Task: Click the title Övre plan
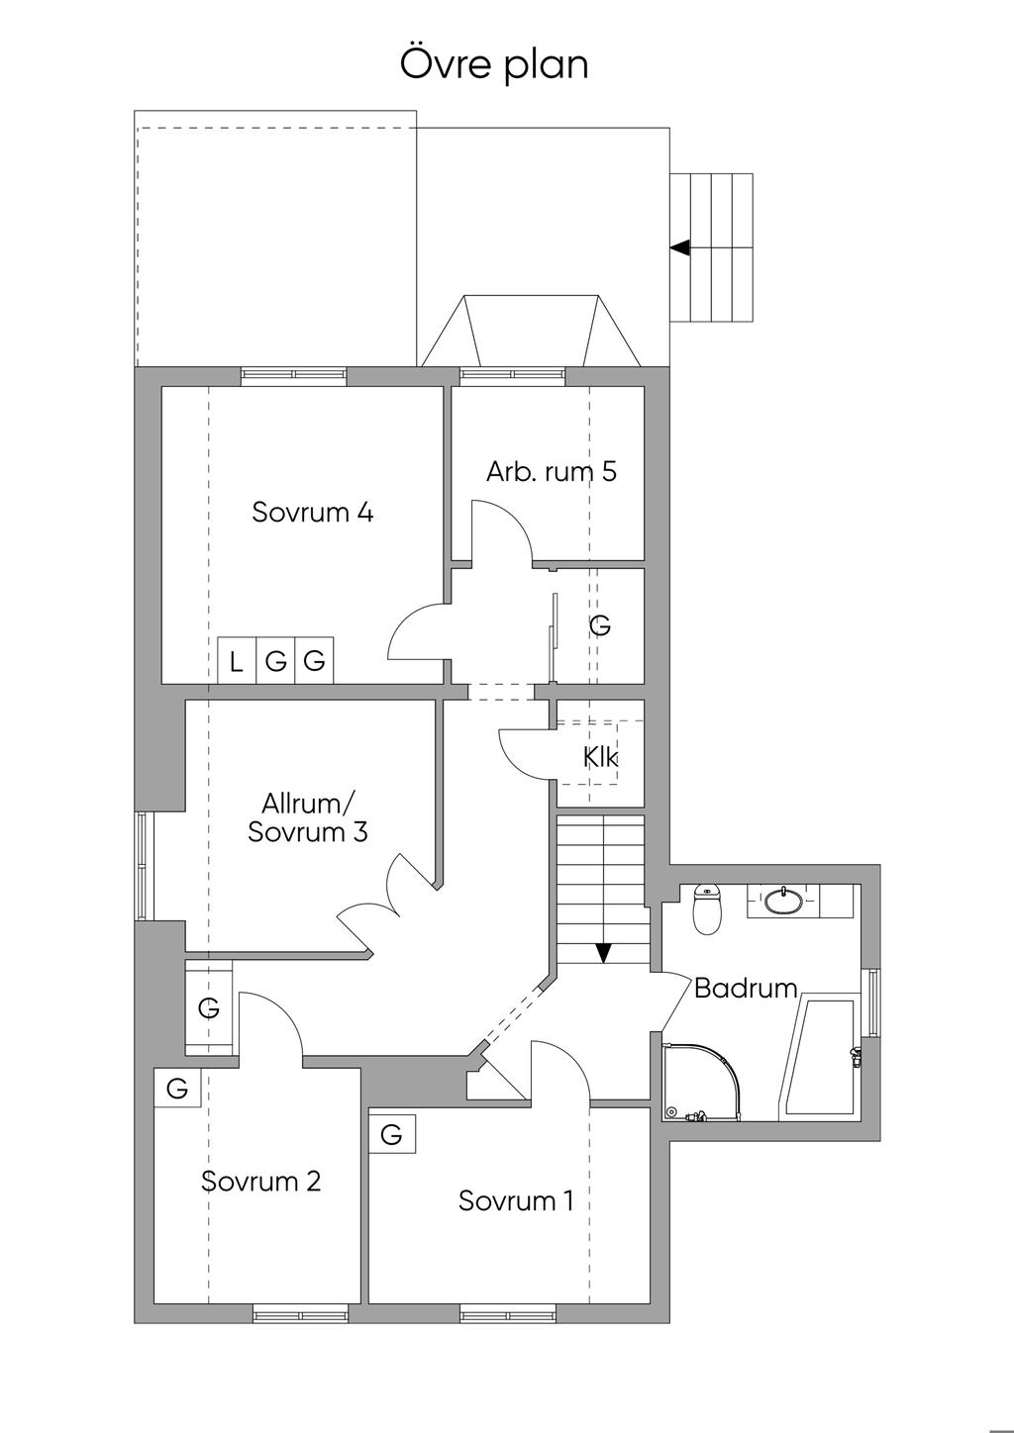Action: tap(494, 64)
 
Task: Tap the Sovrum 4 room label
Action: tap(312, 513)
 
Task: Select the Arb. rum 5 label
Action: tap(551, 471)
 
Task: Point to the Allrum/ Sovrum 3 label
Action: tap(307, 816)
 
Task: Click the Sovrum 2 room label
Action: tap(260, 1181)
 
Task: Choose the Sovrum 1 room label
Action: tap(515, 1200)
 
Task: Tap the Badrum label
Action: tap(746, 988)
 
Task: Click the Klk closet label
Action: tap(600, 757)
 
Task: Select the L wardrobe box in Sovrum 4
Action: tap(236, 661)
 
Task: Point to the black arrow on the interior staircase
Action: tap(603, 953)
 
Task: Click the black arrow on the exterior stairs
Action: tap(679, 247)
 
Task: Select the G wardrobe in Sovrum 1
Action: tap(391, 1134)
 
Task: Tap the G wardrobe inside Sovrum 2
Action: tap(177, 1090)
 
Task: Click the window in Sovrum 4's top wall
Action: tap(294, 375)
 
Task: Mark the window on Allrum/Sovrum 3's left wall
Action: tap(146, 866)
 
